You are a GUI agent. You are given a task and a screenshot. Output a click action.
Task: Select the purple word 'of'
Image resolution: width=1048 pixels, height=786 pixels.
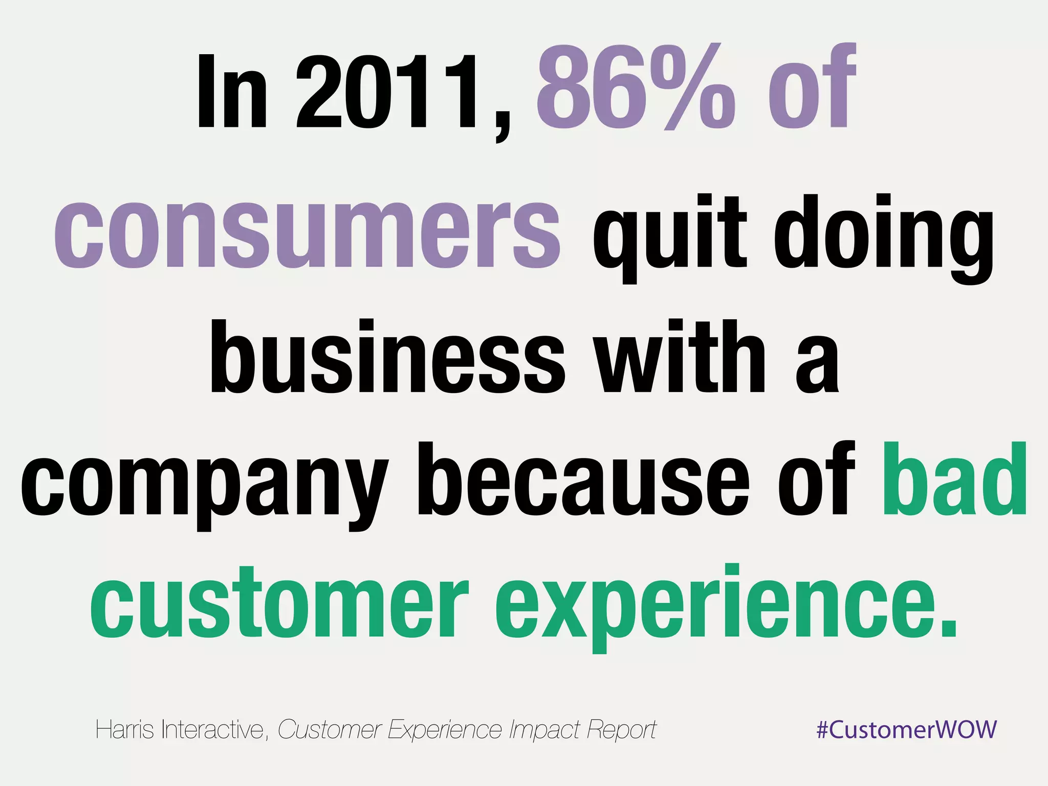(811, 87)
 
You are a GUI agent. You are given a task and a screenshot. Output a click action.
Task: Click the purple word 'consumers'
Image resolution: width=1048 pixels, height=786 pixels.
(307, 233)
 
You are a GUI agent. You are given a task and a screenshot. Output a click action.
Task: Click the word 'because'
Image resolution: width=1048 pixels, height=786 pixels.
(583, 481)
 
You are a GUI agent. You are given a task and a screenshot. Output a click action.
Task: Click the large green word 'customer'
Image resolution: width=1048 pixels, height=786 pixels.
(279, 604)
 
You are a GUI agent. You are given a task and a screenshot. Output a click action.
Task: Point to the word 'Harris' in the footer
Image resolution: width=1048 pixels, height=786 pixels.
(124, 729)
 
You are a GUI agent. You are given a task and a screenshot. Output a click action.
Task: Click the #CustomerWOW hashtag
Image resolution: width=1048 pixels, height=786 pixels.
(906, 729)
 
